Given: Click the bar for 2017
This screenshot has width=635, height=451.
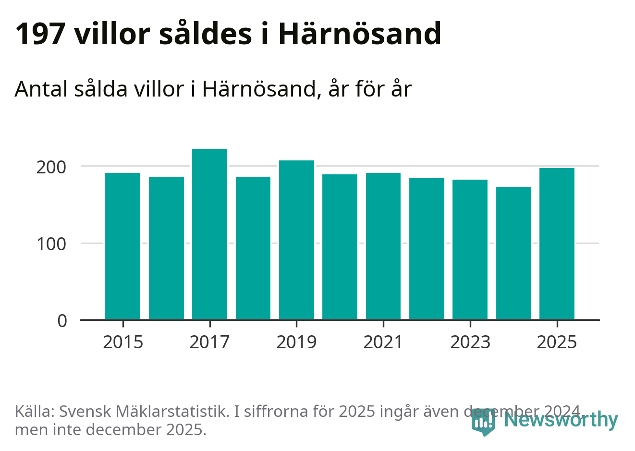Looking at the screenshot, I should point(209,234).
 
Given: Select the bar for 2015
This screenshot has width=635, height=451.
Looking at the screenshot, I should point(122,246).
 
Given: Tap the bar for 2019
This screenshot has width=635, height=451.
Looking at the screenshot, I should point(296,240).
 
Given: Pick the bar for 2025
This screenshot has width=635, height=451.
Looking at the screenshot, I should point(557,244).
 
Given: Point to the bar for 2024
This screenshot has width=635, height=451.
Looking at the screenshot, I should point(513,253).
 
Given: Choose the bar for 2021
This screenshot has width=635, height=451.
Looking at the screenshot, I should point(383,246).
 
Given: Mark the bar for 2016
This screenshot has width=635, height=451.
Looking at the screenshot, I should point(166,248).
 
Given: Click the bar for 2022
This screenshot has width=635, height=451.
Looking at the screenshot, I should point(427,248).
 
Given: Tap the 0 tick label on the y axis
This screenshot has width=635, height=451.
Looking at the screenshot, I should point(62,321).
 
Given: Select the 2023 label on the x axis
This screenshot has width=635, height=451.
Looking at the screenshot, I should point(470,342).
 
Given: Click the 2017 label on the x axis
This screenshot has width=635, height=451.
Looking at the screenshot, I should point(209,342).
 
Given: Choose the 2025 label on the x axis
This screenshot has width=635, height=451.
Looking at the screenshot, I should point(557,342).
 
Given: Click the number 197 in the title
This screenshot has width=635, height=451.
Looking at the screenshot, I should point(40,34).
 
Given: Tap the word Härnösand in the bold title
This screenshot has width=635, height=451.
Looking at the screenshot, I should point(359,34).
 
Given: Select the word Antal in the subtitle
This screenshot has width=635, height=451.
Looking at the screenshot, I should point(41,89).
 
